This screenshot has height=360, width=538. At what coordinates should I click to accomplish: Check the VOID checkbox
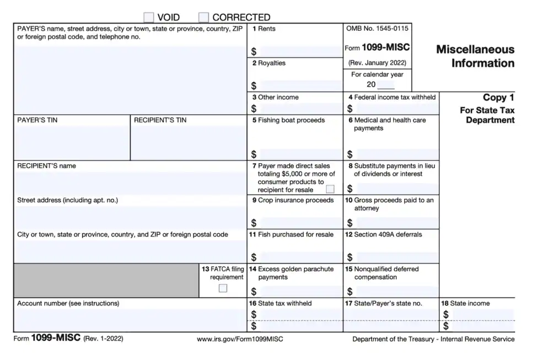pyautogui.click(x=148, y=17)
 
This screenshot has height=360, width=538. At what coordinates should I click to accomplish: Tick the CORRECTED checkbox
pyautogui.click(x=204, y=17)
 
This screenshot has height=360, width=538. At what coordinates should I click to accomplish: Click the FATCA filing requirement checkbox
pyautogui.click(x=223, y=288)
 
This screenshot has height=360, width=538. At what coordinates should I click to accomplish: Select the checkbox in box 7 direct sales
pyautogui.click(x=330, y=189)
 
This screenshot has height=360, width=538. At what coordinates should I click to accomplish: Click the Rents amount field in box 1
pyautogui.click(x=300, y=51)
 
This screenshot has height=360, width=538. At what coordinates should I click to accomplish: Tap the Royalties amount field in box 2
pyautogui.click(x=300, y=85)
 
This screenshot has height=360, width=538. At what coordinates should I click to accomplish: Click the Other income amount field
pyautogui.click(x=300, y=109)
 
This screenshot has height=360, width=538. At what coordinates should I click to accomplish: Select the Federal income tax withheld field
pyautogui.click(x=396, y=109)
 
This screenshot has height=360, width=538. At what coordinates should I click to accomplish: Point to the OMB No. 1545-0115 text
pyautogui.click(x=377, y=28)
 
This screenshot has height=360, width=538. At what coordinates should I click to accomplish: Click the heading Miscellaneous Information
pyautogui.click(x=475, y=56)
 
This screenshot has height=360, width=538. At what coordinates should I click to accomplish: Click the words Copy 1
pyautogui.click(x=498, y=98)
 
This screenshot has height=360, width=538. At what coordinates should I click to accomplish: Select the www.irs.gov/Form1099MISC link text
pyautogui.click(x=240, y=339)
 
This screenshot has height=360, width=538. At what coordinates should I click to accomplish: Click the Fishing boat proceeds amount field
pyautogui.click(x=300, y=154)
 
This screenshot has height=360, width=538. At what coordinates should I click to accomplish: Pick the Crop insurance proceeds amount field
pyautogui.click(x=300, y=223)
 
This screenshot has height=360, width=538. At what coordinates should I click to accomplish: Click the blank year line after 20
pyautogui.click(x=386, y=85)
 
